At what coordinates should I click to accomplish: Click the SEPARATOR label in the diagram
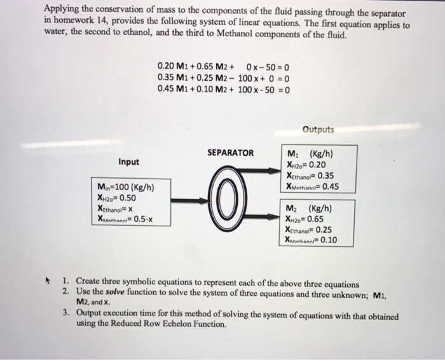230,153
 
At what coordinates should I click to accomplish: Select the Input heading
128,162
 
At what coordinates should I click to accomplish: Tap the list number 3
65,314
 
